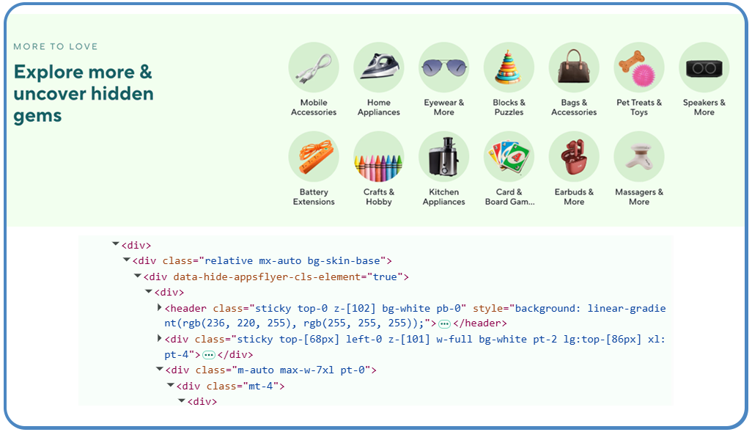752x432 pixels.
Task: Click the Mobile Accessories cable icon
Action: (314, 67)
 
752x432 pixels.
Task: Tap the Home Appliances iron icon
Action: (379, 67)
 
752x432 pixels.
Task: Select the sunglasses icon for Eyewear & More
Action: (444, 67)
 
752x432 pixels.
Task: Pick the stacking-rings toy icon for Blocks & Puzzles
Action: (509, 67)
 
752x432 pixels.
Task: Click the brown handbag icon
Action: (574, 67)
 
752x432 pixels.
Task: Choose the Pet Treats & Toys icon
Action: (639, 67)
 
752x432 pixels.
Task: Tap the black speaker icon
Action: (704, 67)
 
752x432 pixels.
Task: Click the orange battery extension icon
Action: (314, 157)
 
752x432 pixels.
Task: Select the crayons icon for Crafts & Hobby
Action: (379, 157)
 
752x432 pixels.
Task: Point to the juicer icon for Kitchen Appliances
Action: (444, 157)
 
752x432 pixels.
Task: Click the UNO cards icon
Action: (509, 157)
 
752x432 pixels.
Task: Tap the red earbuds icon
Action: (574, 157)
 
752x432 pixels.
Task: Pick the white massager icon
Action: (639, 157)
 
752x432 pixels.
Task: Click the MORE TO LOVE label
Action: (56, 47)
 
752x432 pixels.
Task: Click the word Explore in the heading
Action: (48, 73)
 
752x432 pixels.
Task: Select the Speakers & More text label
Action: (704, 108)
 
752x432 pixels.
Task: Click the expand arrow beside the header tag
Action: (160, 307)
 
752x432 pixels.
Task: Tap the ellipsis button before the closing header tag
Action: (444, 323)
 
